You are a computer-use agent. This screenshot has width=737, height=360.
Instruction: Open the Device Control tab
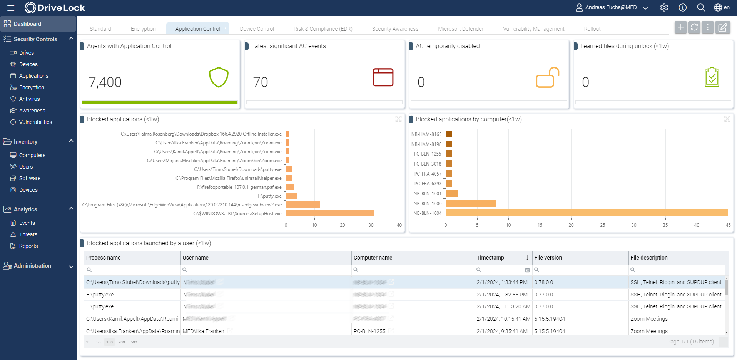coord(257,29)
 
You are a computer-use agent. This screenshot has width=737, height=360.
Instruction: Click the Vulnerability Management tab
coord(533,29)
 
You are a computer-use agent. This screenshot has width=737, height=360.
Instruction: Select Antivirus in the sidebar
coord(29,99)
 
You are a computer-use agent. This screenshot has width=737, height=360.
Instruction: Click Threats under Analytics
coord(28,234)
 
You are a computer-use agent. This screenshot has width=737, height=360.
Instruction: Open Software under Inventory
coord(30,178)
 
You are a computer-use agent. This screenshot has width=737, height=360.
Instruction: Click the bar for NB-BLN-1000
coord(470,203)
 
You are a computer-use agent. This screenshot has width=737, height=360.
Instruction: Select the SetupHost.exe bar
coord(329,213)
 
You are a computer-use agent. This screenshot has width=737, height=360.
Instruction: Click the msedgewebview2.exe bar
coord(303,204)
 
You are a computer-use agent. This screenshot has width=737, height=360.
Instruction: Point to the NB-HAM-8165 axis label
coord(426,134)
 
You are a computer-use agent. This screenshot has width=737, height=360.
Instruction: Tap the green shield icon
coord(219,77)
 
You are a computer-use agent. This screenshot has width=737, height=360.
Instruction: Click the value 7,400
coord(105,82)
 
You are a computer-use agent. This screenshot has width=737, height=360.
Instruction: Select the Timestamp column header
coord(490,258)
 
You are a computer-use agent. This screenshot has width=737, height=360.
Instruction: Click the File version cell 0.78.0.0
coord(543,282)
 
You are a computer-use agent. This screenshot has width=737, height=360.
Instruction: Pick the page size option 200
coord(122,342)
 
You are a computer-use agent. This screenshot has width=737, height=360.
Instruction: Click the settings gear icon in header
coord(664,8)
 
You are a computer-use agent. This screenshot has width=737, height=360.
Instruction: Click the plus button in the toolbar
coord(680,27)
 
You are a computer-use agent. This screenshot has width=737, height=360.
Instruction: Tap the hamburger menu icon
coord(11,8)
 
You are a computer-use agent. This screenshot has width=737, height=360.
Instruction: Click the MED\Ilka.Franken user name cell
coord(203,331)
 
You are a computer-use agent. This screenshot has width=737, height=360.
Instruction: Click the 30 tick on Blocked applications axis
coord(371,225)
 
